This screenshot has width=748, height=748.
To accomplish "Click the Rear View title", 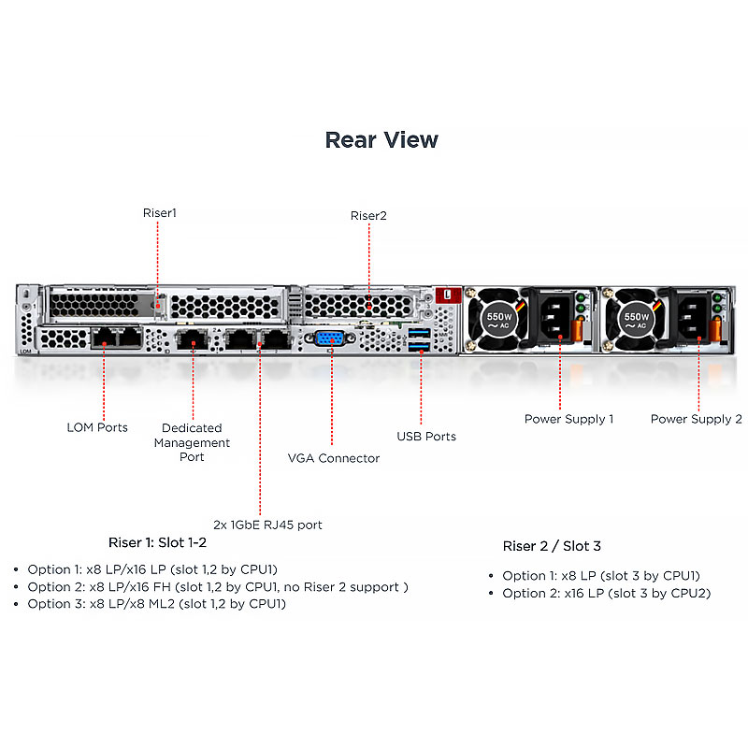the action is tap(381, 139).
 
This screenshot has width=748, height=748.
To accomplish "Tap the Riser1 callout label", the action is tap(159, 213).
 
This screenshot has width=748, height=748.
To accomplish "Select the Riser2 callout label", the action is tap(368, 216).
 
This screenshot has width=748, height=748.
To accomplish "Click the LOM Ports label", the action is tap(97, 427).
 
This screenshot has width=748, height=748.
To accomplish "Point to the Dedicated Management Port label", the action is tap(192, 442).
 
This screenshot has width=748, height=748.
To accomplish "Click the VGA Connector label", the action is tap(334, 458).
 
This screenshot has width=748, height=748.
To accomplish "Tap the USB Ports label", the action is tap(426, 437).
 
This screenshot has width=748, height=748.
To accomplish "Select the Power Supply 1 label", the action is tap(568, 419).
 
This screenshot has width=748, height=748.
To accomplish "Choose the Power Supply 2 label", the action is tap(696, 419).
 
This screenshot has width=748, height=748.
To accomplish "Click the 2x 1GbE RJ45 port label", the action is tap(267, 525).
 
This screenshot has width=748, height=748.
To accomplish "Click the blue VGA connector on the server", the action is tap(330, 338).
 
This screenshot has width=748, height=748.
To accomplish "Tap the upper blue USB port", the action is tap(419, 332).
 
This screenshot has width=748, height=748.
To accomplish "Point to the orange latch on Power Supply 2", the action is tap(714, 330).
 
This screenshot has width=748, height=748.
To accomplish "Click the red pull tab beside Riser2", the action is tap(448, 295).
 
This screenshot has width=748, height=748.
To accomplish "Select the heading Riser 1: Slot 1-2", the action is tap(157, 543).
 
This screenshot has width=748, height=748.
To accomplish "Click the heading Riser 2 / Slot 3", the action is tap(552, 546).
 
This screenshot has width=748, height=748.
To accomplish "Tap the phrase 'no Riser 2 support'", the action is tap(341, 587).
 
